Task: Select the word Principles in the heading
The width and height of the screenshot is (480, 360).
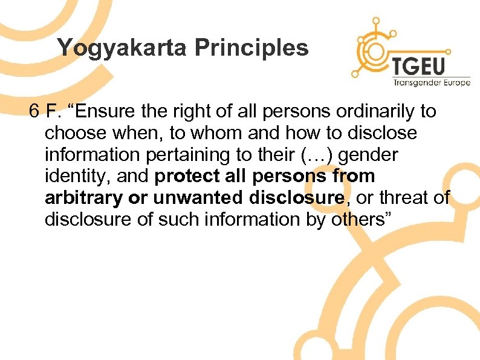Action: pyautogui.click(x=255, y=47)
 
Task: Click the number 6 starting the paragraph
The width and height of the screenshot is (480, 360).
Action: pyautogui.click(x=34, y=111)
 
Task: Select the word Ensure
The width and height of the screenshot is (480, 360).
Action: pyautogui.click(x=109, y=111)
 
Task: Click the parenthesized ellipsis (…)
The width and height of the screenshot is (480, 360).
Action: pyautogui.click(x=319, y=155)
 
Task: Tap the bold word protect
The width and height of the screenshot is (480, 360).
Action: pyautogui.click(x=190, y=177)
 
